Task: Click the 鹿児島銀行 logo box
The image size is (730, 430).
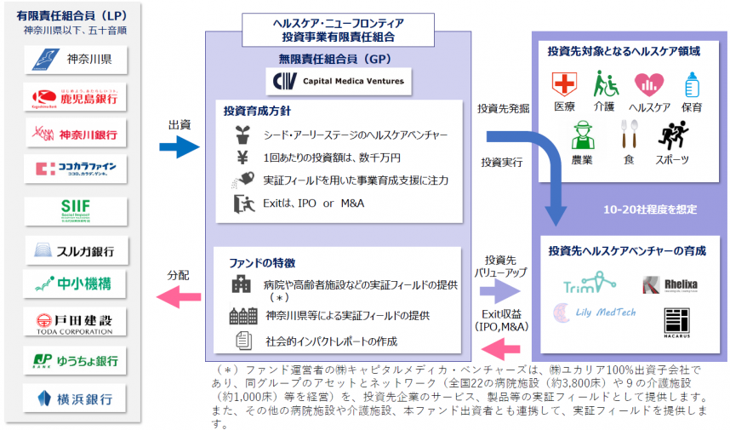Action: (75, 97)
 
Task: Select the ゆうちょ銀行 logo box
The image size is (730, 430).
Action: (75, 359)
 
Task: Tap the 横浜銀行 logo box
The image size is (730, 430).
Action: (75, 398)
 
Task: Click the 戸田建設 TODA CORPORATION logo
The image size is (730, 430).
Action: (75, 322)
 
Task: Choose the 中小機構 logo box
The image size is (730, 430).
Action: (75, 284)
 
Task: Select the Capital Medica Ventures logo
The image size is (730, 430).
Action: (339, 82)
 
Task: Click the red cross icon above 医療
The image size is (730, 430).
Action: (563, 84)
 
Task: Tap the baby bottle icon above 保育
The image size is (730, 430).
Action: (692, 84)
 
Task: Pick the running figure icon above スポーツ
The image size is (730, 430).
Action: (672, 135)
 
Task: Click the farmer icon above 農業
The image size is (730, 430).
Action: (582, 135)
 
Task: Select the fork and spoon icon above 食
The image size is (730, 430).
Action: (628, 135)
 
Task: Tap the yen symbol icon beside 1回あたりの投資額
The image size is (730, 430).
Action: (241, 158)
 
